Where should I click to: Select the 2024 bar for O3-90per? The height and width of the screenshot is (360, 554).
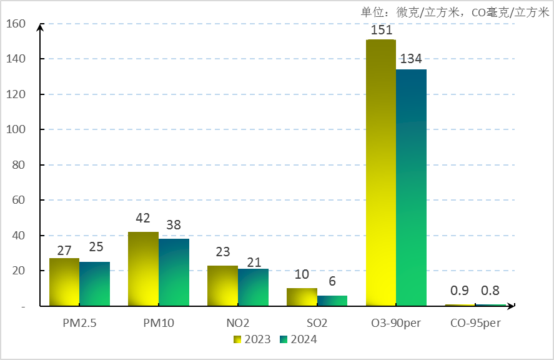click(x=412, y=187)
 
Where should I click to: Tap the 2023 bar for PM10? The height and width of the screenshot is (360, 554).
click(x=143, y=269)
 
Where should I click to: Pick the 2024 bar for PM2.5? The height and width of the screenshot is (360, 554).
click(x=95, y=284)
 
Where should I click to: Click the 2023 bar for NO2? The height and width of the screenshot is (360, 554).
click(x=223, y=286)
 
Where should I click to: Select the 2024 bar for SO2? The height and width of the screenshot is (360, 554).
click(x=332, y=301)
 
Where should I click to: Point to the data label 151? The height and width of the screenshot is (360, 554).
click(x=381, y=30)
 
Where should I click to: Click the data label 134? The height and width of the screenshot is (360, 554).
click(x=411, y=59)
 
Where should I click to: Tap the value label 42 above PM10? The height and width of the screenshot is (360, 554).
click(x=143, y=219)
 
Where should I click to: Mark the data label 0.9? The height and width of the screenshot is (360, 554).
click(x=460, y=291)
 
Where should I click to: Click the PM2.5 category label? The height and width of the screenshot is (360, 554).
click(x=79, y=323)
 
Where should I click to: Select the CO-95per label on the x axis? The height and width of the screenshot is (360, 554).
click(x=475, y=323)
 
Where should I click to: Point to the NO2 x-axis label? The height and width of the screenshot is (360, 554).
click(x=238, y=323)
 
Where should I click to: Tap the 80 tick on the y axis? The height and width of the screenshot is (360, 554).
click(x=19, y=165)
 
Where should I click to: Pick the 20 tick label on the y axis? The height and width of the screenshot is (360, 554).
click(x=19, y=271)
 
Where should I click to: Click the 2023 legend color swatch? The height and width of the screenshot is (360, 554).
click(x=238, y=339)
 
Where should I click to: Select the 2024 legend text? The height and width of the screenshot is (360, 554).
click(x=303, y=339)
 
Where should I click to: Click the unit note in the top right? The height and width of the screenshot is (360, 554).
click(x=455, y=12)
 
